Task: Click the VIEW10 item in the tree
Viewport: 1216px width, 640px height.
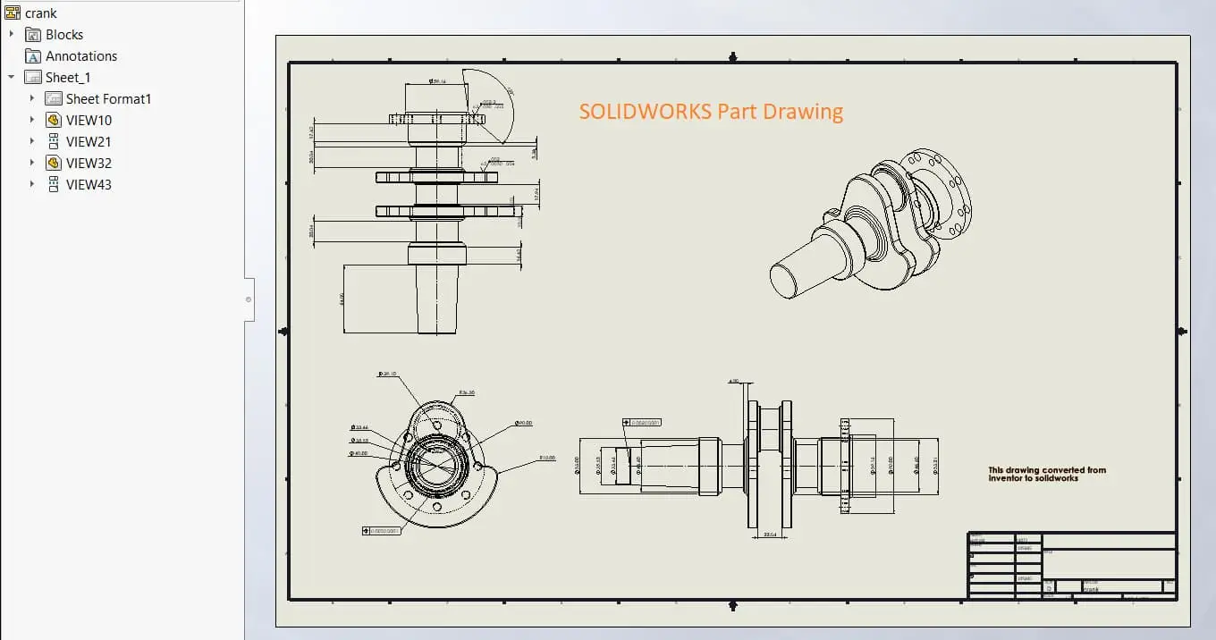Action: pos(89,120)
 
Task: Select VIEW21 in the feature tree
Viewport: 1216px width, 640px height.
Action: pos(89,141)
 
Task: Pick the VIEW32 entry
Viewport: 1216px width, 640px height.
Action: pos(89,163)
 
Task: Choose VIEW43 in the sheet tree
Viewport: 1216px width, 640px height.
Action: pos(89,184)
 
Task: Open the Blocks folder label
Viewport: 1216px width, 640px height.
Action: pos(64,34)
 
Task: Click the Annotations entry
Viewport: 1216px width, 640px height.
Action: pos(81,55)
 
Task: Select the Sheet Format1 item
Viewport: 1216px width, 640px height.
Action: pos(108,98)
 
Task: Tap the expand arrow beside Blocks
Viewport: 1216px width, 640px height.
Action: pos(12,34)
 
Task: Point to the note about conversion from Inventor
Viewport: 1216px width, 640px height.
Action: pos(1046,474)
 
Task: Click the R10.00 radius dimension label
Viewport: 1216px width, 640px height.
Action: pos(546,458)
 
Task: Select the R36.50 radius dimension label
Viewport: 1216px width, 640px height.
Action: pos(466,392)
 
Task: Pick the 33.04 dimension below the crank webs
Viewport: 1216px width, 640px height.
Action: pos(769,535)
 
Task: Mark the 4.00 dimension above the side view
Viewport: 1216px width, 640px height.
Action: pos(734,383)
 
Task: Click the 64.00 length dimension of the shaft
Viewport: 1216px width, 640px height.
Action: pos(342,299)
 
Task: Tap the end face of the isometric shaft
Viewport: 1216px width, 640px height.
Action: pos(784,280)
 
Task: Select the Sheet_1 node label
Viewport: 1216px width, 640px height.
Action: pos(68,77)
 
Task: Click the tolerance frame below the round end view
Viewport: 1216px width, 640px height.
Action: pos(382,531)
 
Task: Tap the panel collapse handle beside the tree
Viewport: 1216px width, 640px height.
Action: pos(249,299)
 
